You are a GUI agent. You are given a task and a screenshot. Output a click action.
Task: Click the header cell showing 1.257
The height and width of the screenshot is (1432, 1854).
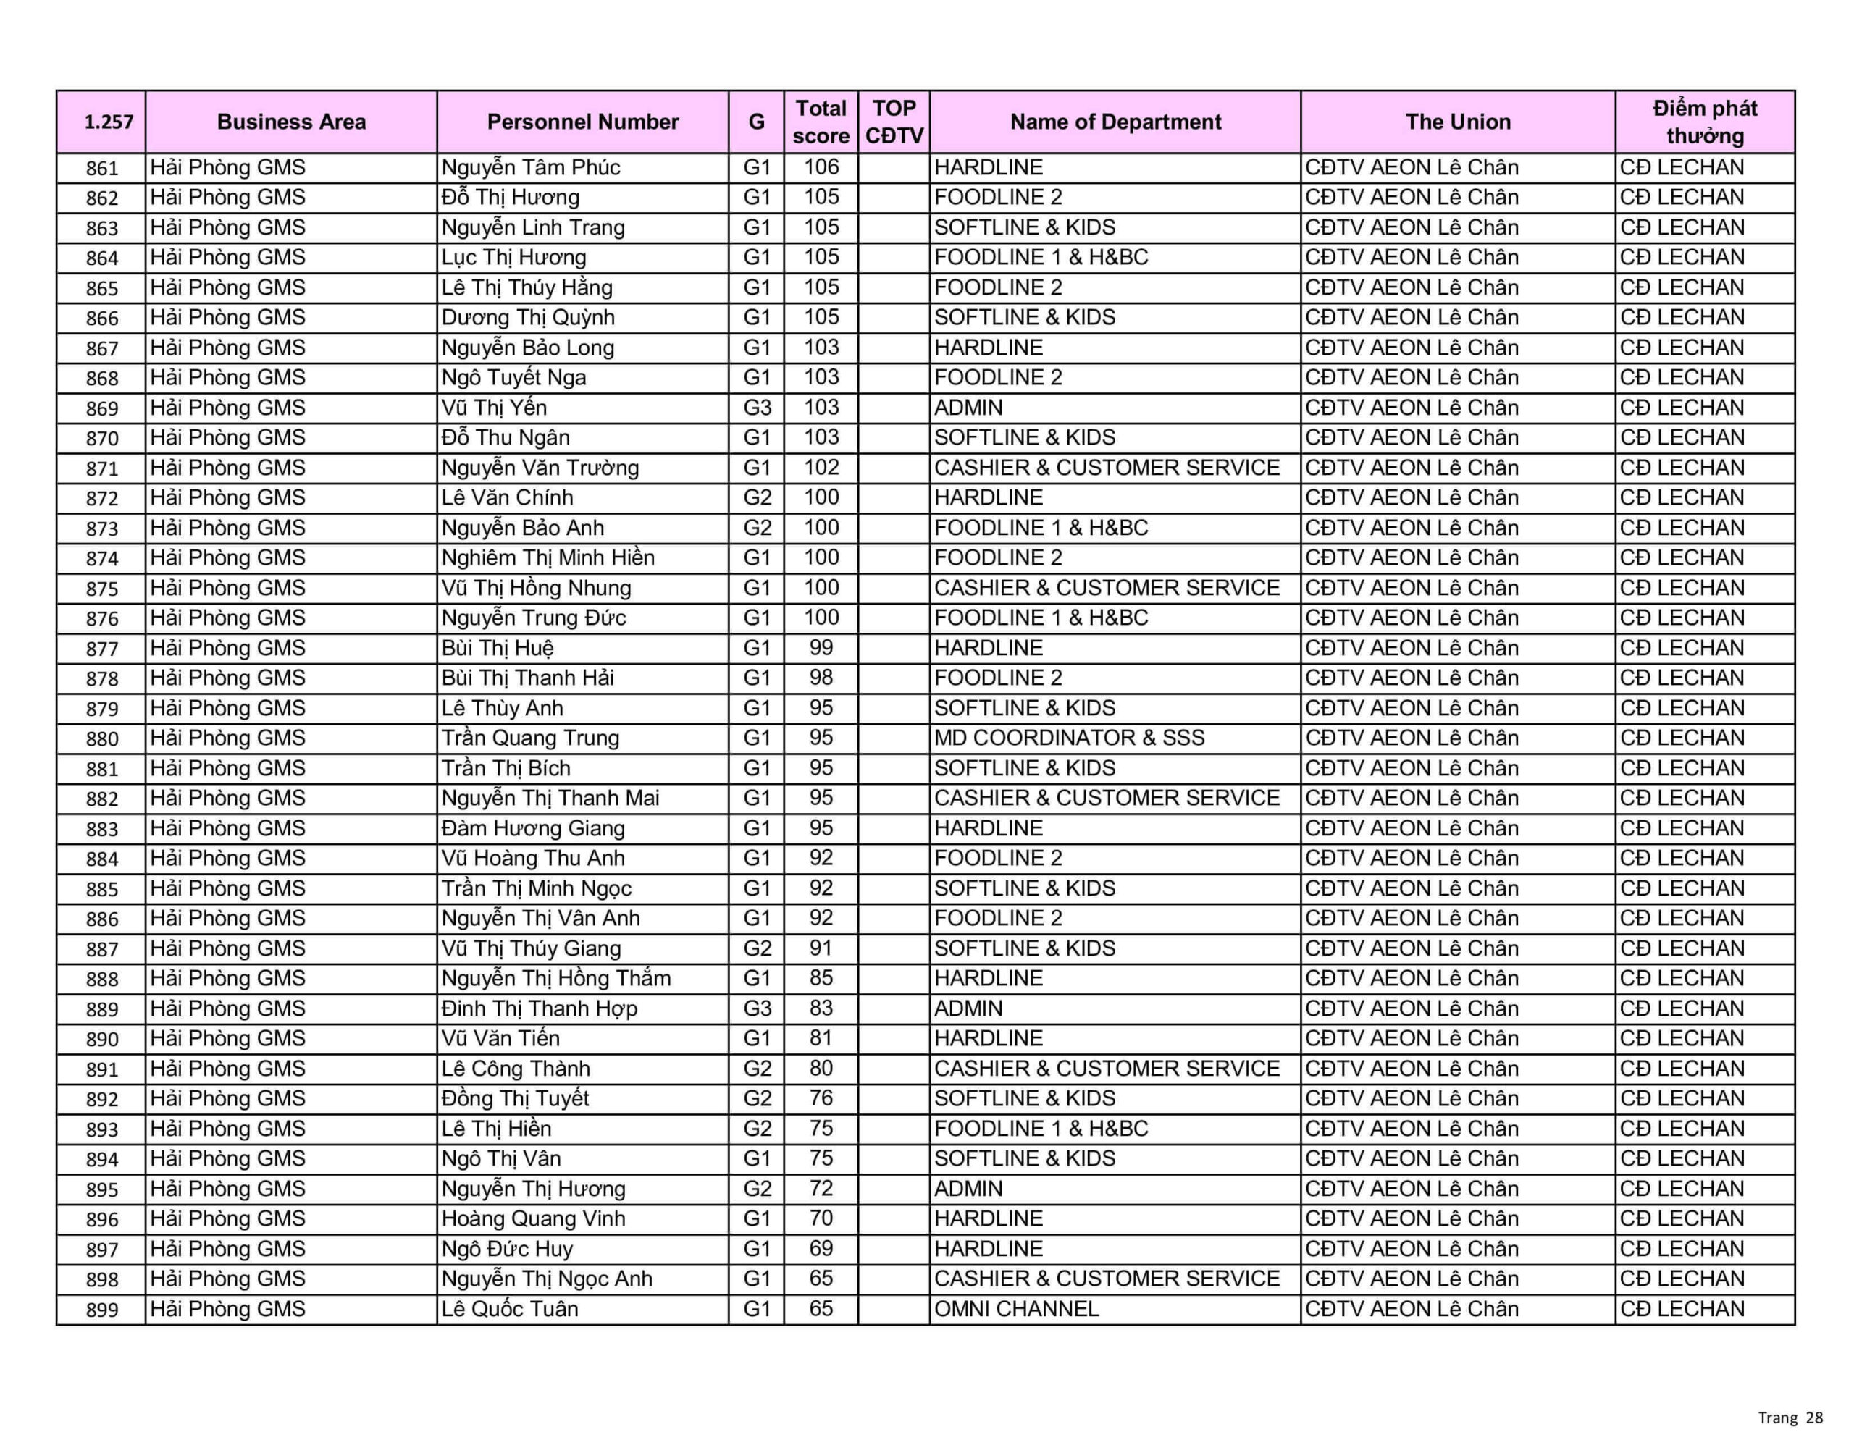pos(108,122)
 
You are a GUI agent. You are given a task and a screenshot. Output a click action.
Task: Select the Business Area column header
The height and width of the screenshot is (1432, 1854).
pos(291,122)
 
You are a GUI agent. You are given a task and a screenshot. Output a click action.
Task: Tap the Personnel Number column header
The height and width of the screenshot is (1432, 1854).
pos(582,122)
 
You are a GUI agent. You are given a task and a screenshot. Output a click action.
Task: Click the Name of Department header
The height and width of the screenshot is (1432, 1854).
pos(1115,122)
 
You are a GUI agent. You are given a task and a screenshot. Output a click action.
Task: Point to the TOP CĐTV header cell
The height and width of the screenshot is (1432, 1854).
pos(894,122)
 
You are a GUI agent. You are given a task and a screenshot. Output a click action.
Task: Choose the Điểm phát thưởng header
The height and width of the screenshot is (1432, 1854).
pos(1705,122)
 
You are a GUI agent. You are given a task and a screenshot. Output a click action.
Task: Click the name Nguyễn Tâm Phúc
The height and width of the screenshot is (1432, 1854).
pos(531,167)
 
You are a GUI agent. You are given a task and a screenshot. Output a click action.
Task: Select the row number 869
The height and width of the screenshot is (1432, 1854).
pos(102,408)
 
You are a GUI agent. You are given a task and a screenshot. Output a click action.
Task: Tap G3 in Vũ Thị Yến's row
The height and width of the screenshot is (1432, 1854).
pos(756,408)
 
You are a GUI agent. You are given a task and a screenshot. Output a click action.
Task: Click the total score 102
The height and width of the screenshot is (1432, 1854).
pos(821,468)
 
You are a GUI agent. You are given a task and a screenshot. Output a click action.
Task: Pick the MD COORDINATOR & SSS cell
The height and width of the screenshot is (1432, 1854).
pos(1069,738)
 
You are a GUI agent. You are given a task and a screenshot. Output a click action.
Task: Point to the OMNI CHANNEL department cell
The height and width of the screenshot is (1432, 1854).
pos(1016,1309)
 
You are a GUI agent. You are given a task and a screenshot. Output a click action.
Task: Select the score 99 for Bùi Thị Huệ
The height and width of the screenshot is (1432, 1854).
pos(821,648)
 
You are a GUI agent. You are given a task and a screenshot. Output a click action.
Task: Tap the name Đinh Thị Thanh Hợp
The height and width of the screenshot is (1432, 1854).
pos(539,1008)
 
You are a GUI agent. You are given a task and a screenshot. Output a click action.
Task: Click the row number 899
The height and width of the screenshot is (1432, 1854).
pos(102,1310)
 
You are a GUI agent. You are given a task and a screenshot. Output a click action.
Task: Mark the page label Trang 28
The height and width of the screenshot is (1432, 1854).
pos(1790,1418)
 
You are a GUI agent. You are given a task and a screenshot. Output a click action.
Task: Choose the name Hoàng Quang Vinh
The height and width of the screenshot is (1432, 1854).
pos(533,1219)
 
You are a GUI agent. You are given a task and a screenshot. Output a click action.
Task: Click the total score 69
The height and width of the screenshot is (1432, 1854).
pos(821,1249)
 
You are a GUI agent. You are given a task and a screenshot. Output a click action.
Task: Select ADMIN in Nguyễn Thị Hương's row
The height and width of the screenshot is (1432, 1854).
pos(968,1188)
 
